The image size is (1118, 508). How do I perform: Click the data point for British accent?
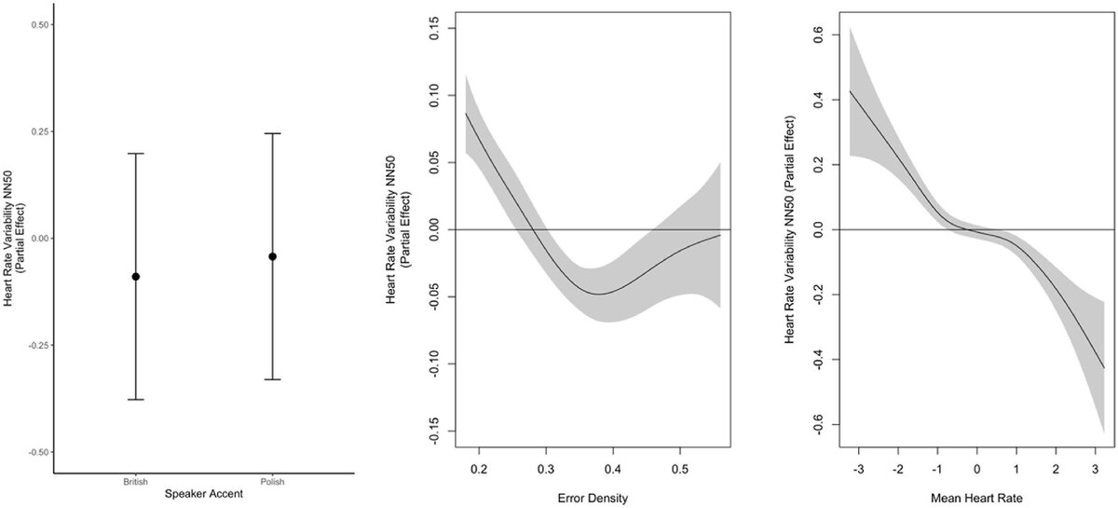136,277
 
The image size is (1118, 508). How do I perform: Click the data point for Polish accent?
273,256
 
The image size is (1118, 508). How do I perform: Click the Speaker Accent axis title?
204,493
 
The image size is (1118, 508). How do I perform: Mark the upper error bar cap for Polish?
273,133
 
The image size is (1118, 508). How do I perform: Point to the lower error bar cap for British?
136,399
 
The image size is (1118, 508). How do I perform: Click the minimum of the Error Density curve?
596,294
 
